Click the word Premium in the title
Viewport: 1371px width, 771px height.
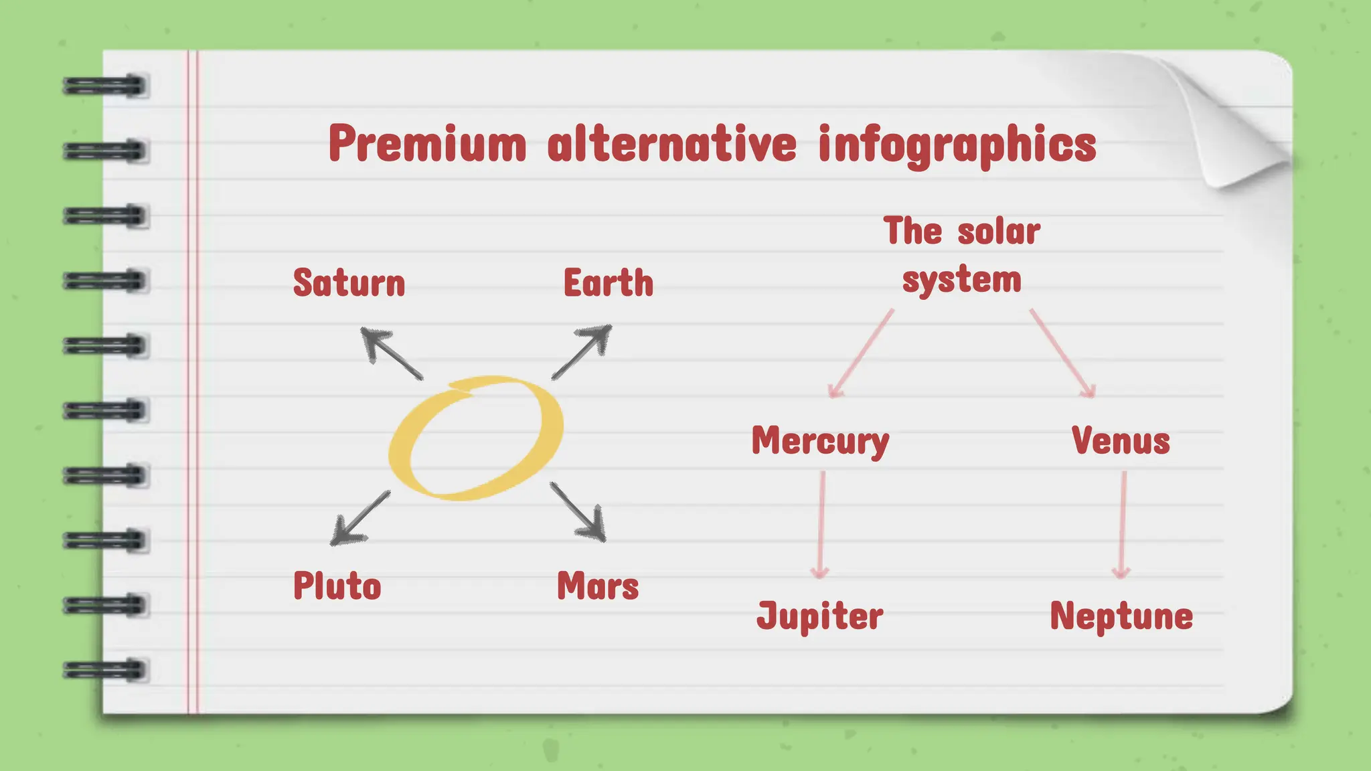click(x=427, y=144)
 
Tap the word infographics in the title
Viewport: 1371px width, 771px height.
click(x=957, y=145)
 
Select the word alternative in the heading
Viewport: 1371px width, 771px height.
click(x=672, y=144)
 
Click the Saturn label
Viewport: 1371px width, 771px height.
click(x=349, y=283)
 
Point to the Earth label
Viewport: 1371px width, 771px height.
click(x=608, y=283)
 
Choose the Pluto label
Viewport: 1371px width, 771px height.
click(x=337, y=586)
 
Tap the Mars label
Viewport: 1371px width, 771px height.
click(x=598, y=586)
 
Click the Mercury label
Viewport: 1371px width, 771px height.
click(x=820, y=442)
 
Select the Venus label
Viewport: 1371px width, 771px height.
click(x=1121, y=442)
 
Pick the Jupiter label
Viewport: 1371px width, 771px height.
click(x=819, y=616)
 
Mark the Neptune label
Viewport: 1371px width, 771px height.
click(x=1121, y=616)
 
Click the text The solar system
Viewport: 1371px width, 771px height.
click(x=962, y=255)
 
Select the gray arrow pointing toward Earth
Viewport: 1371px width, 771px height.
click(x=582, y=351)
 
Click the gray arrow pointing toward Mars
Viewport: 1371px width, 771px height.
click(x=578, y=511)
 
